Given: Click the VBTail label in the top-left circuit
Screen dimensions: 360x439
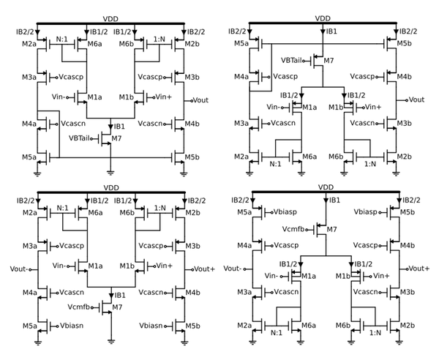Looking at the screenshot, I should click(x=82, y=138).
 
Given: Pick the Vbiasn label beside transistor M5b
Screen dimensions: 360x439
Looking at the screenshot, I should click(x=149, y=324).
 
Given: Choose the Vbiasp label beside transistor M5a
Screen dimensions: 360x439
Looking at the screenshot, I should click(x=285, y=211).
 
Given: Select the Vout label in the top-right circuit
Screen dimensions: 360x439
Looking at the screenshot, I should click(x=416, y=100).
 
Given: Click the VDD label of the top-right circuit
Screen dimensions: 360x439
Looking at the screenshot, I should click(x=323, y=18).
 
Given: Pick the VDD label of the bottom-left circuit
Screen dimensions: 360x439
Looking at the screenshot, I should click(x=110, y=187).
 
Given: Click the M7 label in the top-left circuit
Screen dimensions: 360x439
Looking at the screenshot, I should click(x=117, y=138).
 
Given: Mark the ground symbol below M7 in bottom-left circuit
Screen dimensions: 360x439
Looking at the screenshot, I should click(x=110, y=340).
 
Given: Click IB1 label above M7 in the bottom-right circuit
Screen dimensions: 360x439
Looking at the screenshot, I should click(x=331, y=200).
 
